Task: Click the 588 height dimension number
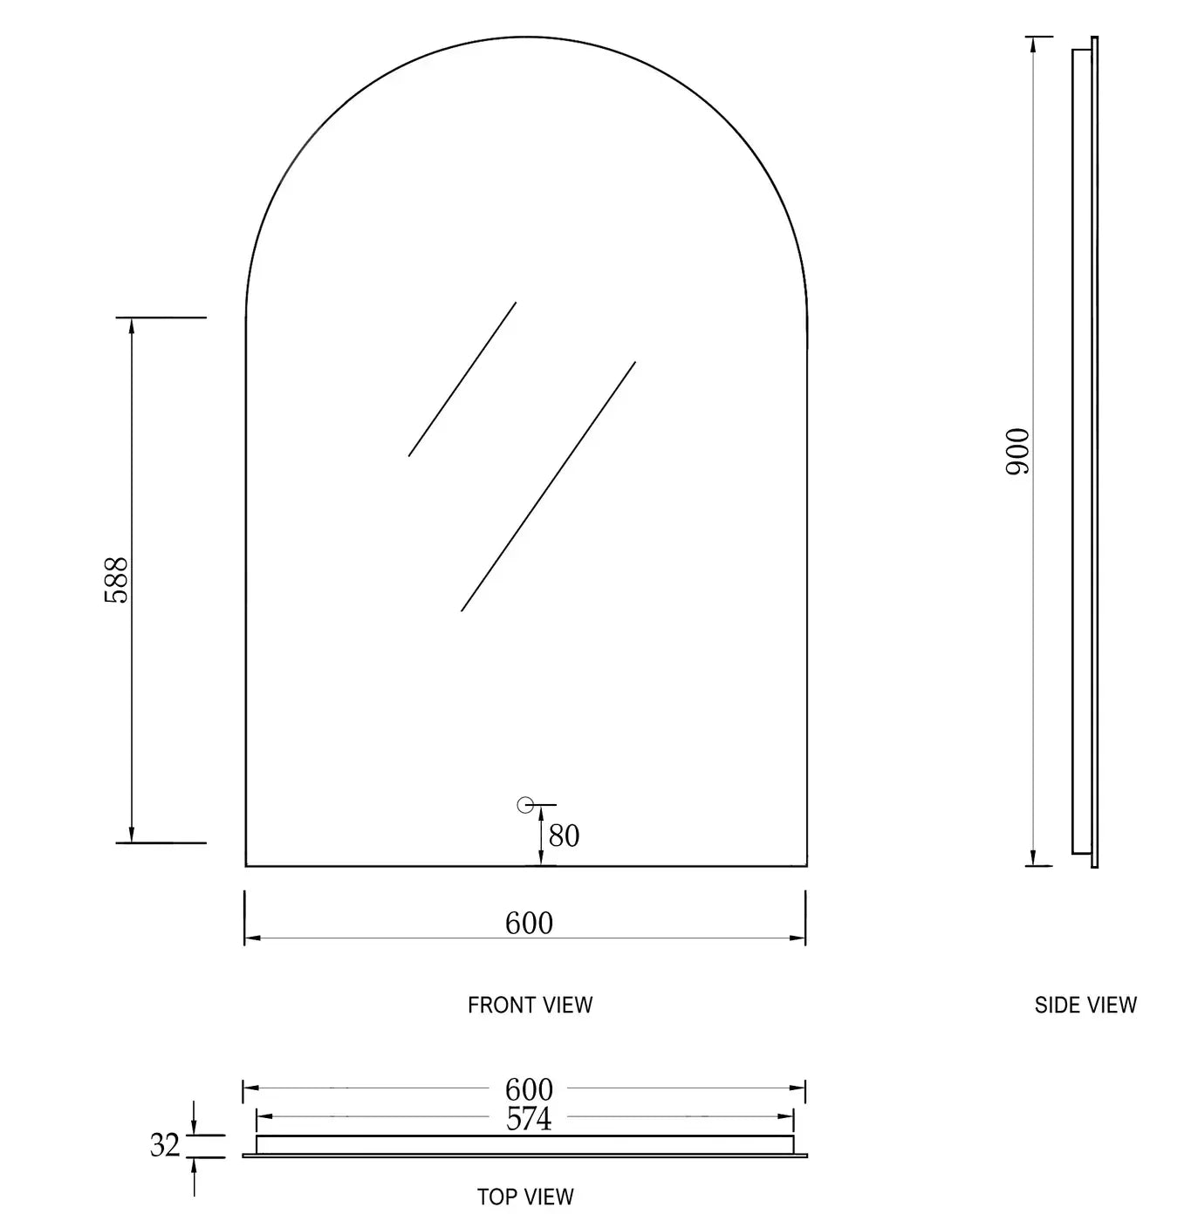click(x=116, y=580)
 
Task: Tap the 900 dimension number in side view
click(x=1018, y=451)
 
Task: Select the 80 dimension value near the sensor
click(x=564, y=836)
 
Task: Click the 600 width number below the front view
click(x=529, y=923)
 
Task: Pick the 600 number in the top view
click(x=529, y=1089)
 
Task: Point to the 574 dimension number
click(x=529, y=1119)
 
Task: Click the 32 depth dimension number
click(x=165, y=1145)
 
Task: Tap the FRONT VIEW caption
click(x=530, y=1006)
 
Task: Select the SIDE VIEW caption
click(x=1085, y=1006)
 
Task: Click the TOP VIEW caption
click(x=525, y=1197)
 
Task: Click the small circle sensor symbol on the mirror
click(x=525, y=805)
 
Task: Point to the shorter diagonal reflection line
click(x=462, y=379)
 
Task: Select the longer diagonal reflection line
click(x=548, y=487)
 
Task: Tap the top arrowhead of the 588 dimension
click(x=132, y=324)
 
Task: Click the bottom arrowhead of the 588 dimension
click(x=132, y=836)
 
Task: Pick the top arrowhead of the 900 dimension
click(x=1033, y=44)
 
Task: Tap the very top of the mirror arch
click(x=526, y=38)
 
